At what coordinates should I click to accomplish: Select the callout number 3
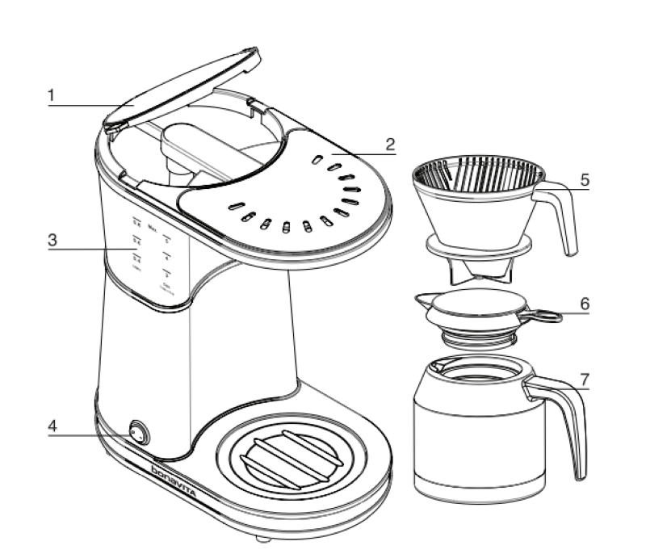[x=51, y=240]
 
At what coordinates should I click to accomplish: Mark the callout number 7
[x=585, y=378]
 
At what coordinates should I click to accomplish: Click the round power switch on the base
[x=137, y=435]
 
